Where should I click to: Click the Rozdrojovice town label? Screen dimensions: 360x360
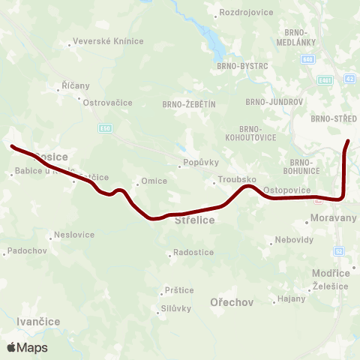[241, 13]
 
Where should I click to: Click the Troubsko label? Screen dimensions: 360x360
[237, 181]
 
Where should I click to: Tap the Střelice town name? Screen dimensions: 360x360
[194, 220]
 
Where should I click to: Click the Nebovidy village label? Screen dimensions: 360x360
[293, 241]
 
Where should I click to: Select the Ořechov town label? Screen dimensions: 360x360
[232, 302]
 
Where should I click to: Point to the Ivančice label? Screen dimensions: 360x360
[37, 321]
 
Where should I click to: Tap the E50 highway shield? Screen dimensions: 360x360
[106, 127]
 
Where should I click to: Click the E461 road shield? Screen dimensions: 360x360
[324, 79]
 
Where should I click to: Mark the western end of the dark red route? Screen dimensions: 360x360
[11, 146]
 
